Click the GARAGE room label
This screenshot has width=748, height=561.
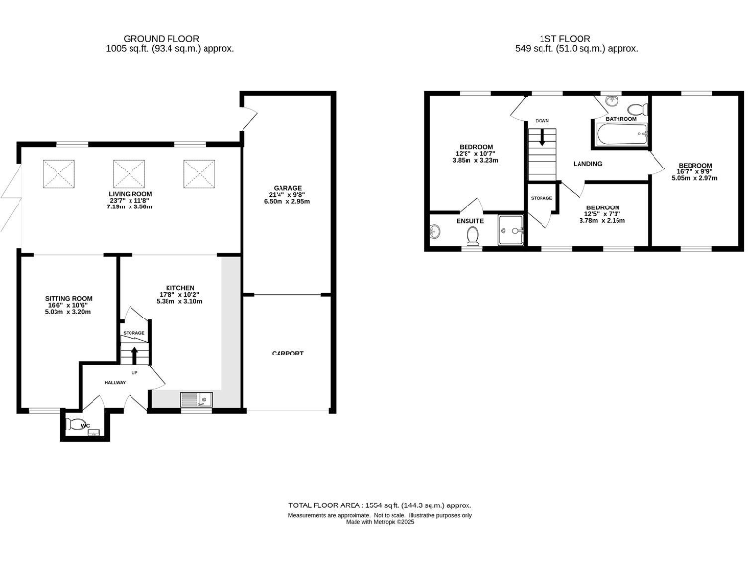[x=287, y=187]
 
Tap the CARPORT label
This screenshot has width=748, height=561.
[x=287, y=353]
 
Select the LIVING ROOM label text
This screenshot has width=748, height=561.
[x=131, y=194]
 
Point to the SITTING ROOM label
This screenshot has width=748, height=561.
[x=68, y=298]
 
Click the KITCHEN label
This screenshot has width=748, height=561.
[x=179, y=288]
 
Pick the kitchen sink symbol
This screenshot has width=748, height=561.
[x=194, y=397]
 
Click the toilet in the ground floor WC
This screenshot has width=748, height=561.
[x=76, y=425]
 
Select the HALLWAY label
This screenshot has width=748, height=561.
[x=115, y=382]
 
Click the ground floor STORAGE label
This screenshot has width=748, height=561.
[x=133, y=333]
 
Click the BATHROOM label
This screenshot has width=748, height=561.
[x=620, y=119]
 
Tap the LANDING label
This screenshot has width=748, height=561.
[x=587, y=164]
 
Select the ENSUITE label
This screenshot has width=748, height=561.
[x=470, y=221]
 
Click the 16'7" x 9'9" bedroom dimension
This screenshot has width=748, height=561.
[x=695, y=171]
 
